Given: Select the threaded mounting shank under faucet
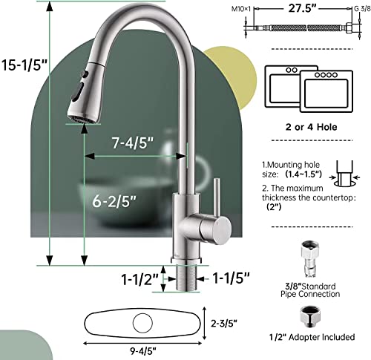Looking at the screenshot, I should pos(183,280).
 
